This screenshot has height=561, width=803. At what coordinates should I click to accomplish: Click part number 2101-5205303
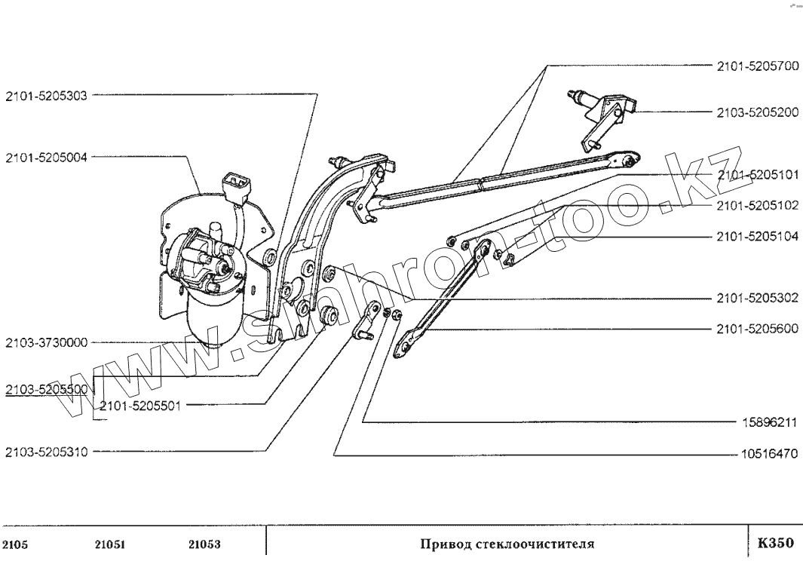click(46, 96)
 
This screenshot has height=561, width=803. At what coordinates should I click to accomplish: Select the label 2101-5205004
click(46, 158)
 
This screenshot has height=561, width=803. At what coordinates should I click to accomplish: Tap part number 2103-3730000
click(46, 342)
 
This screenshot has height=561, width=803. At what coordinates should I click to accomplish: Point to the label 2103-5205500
click(46, 389)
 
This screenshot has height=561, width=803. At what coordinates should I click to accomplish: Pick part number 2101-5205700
click(756, 66)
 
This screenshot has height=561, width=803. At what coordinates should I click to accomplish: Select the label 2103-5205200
click(756, 112)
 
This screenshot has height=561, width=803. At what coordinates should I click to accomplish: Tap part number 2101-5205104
click(756, 236)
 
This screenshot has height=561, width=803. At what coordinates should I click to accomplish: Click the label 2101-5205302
click(756, 299)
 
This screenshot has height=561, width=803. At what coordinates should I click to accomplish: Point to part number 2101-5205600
click(756, 329)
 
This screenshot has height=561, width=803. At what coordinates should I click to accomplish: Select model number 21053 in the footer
click(203, 543)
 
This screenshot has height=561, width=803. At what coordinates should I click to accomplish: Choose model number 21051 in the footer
click(110, 543)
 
